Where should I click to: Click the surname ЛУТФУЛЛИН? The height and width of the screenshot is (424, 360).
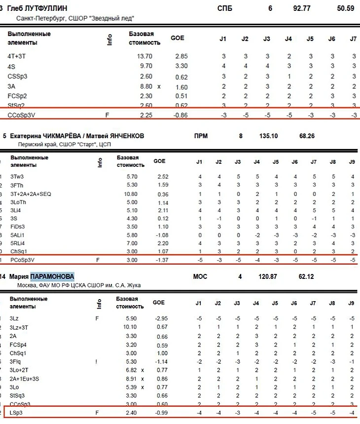pyautogui.click(x=48, y=8)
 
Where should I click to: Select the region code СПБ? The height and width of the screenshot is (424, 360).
pyautogui.click(x=224, y=8)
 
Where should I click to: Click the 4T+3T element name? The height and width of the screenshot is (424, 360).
pyautogui.click(x=18, y=56)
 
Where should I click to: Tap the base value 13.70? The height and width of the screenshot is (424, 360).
pyautogui.click(x=144, y=56)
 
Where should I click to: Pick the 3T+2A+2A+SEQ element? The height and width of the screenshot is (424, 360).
pyautogui.click(x=31, y=194)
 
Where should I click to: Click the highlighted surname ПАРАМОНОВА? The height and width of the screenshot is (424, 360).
pyautogui.click(x=52, y=276)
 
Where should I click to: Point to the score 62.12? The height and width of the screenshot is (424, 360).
pyautogui.click(x=306, y=276)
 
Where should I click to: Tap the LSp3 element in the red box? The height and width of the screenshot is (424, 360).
pyautogui.click(x=17, y=413)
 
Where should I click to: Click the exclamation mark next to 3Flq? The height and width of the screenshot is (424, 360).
pyautogui.click(x=98, y=362)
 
